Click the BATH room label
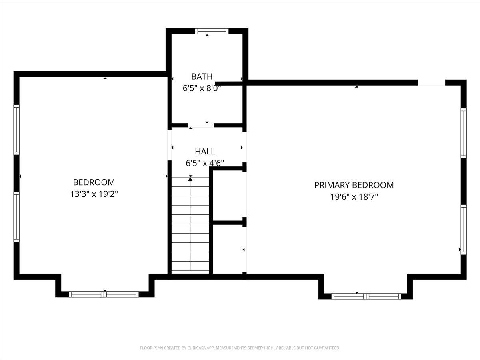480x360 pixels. [202, 76]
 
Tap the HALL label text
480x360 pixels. [205, 152]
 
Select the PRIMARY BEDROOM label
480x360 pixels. [354, 185]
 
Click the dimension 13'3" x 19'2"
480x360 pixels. [94, 194]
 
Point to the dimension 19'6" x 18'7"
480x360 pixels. [354, 197]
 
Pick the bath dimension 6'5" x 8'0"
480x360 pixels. [202, 88]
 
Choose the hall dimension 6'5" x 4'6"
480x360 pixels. [205, 163]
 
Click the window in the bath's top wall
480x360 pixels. [212, 31]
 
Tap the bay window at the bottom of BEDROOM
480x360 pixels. [104, 294]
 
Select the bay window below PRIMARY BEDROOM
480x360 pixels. [366, 296]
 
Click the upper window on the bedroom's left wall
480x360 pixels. [16, 130]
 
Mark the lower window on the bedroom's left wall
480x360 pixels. [16, 217]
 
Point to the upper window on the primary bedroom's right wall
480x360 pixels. [464, 133]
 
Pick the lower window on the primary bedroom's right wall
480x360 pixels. [464, 230]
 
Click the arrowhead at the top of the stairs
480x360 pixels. [190, 179]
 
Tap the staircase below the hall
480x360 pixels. [190, 225]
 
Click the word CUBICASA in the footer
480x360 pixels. [196, 348]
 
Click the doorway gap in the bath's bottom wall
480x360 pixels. [201, 125]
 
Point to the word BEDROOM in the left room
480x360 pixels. [94, 182]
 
